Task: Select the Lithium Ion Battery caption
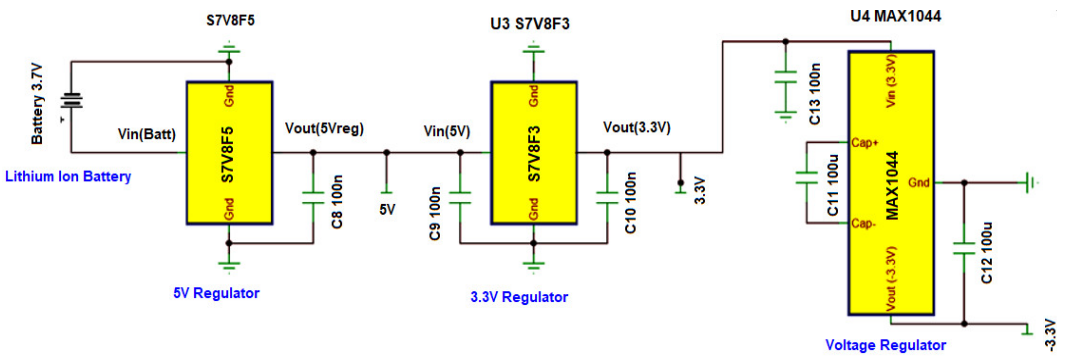[x=68, y=177]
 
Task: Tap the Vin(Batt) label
[x=146, y=134]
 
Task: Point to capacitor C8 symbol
[x=313, y=198]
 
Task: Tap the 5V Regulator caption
[x=216, y=293]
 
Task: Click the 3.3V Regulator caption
[x=519, y=297]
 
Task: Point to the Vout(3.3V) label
[x=637, y=127]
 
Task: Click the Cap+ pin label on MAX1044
[x=864, y=143]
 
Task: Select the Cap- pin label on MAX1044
[x=863, y=224]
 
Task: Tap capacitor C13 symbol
[x=785, y=77]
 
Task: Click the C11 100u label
[x=833, y=185]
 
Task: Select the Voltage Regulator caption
[x=886, y=345]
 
